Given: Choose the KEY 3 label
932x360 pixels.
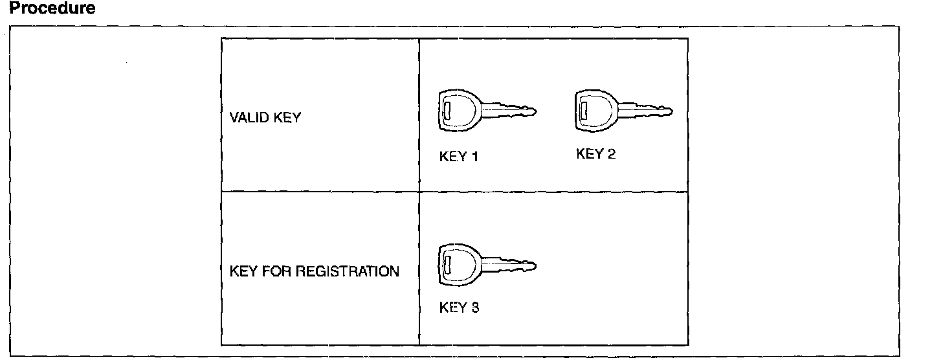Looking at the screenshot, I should pos(459,308).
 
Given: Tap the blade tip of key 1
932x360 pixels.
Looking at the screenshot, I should pos(535,111).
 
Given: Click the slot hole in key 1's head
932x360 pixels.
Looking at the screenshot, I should pos(447,108).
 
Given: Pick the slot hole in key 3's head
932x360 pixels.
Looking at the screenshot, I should pos(447,262).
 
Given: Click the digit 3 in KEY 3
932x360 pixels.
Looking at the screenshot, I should pos(475,308).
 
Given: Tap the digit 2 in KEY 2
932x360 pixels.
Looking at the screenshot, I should pos(612,154).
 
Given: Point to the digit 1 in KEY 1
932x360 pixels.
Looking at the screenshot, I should pos(474,157).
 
